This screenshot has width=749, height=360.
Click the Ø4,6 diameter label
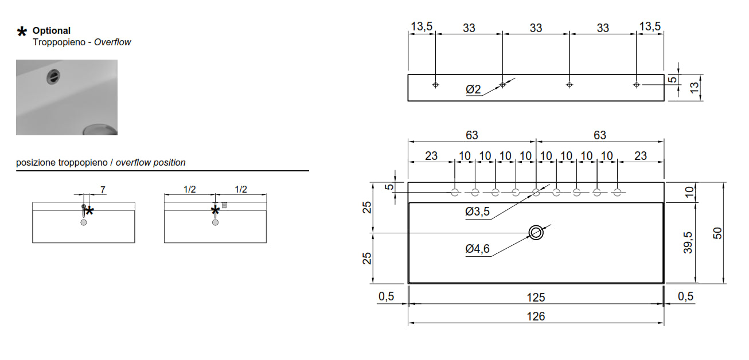pyautogui.click(x=477, y=249)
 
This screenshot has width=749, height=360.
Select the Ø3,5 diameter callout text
pyautogui.click(x=477, y=212)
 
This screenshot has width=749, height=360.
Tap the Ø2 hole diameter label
pyautogui.click(x=473, y=89)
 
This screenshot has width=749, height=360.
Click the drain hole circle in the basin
pyautogui.click(x=536, y=233)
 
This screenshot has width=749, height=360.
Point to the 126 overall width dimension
pyautogui.click(x=536, y=316)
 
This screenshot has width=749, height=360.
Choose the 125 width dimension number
pyautogui.click(x=536, y=297)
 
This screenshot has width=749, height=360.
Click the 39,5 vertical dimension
pyautogui.click(x=688, y=242)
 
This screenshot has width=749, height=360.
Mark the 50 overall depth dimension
pyautogui.click(x=717, y=233)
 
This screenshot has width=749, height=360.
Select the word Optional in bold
pyautogui.click(x=52, y=31)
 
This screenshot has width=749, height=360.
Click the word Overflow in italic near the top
pyautogui.click(x=112, y=42)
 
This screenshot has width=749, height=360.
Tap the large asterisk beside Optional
pyautogui.click(x=22, y=32)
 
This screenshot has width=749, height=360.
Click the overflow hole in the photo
pyautogui.click(x=53, y=77)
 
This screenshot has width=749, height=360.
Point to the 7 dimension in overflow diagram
pyautogui.click(x=103, y=190)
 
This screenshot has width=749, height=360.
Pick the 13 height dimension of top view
pyautogui.click(x=694, y=88)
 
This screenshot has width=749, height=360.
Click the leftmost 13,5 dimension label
pyautogui.click(x=422, y=26)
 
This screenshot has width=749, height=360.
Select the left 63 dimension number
pyautogui.click(x=472, y=135)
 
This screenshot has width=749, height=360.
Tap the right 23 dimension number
pyautogui.click(x=641, y=156)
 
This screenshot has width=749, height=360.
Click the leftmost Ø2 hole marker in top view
pyautogui.click(x=435, y=85)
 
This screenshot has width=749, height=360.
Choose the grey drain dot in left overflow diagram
pyautogui.click(x=84, y=222)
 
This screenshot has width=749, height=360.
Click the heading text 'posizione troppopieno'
pyautogui.click(x=62, y=162)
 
